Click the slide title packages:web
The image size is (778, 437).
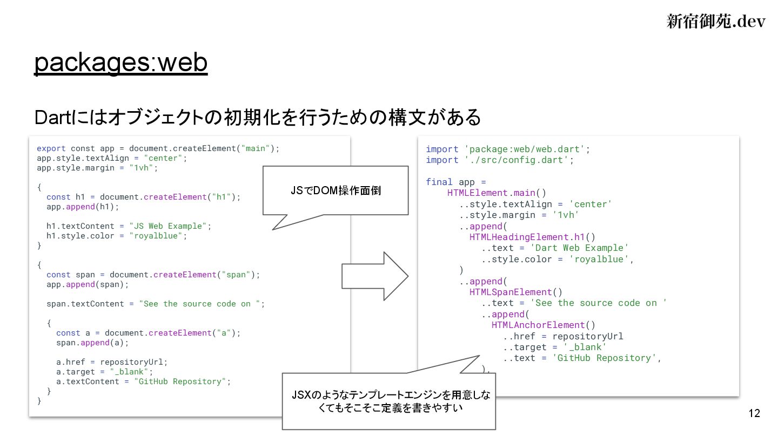tap(120, 63)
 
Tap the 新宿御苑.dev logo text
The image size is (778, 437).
tap(715, 21)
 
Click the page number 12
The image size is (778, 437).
tap(754, 414)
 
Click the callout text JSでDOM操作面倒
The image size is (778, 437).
tap(336, 191)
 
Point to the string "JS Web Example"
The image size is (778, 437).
tap(169, 226)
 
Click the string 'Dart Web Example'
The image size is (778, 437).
tap(580, 248)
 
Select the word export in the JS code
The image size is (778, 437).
tap(51, 148)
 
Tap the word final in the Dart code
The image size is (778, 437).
tap(439, 182)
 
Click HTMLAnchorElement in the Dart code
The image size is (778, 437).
tap(542, 325)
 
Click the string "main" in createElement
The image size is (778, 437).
tap(256, 148)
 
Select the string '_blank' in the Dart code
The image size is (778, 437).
tap(585, 347)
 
